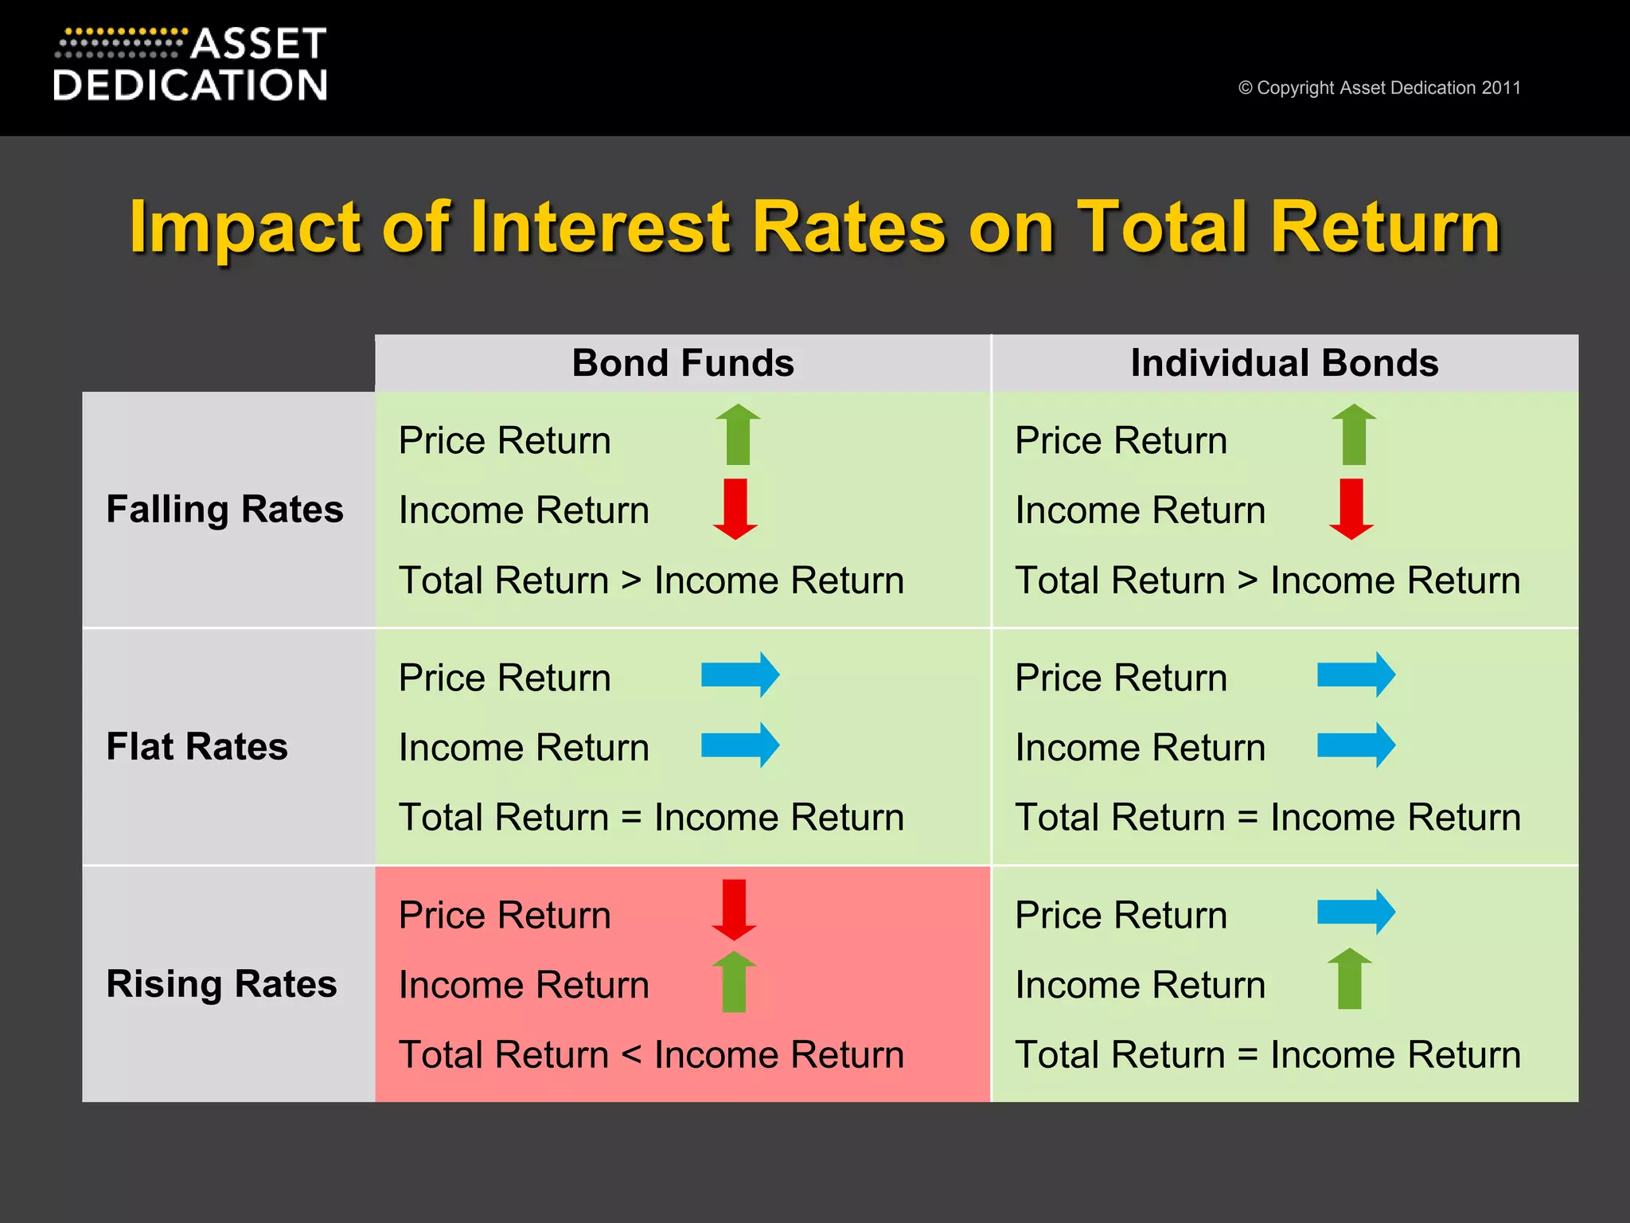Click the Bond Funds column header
683,363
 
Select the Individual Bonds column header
1284,363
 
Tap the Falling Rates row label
224,509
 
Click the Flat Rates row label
197,746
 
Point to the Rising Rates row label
221,983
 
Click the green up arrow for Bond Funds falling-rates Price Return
738,434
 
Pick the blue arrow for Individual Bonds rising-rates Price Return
1355,912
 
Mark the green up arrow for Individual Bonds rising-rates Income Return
1350,979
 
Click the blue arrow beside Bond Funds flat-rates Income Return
739,745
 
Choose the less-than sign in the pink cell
631,1055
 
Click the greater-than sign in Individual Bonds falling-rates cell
1247,580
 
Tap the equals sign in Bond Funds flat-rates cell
631,818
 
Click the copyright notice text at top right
1378,88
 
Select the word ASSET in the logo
258,44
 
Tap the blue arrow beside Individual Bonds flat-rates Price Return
1355,675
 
